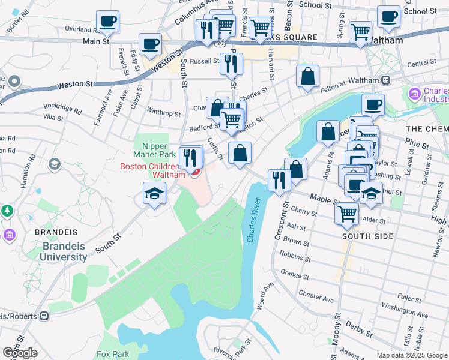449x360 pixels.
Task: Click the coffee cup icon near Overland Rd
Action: tap(108, 22)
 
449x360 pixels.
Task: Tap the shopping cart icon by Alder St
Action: tap(348, 213)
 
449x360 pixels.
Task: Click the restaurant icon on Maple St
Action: tap(279, 179)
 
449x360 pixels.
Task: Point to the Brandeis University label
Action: tap(64, 251)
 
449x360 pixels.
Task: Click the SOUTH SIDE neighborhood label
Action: tap(367, 236)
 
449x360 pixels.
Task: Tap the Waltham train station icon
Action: tap(386, 80)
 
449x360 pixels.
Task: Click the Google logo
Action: tap(20, 353)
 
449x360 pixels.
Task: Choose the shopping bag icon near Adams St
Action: tap(328, 132)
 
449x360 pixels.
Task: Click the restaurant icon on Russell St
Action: tap(231, 63)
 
